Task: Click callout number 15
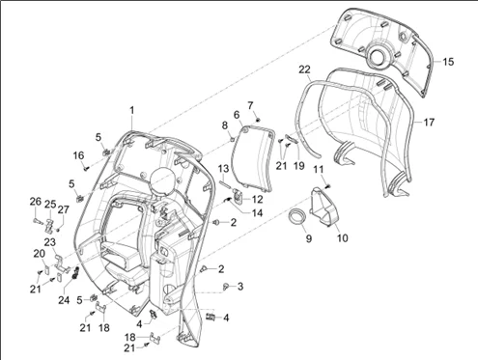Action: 448,62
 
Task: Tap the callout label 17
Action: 429,123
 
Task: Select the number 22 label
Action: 304,69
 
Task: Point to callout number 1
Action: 131,110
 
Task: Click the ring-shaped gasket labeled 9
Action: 296,219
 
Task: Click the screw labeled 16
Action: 86,168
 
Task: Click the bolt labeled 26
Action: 38,221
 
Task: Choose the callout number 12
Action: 257,200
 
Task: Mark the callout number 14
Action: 258,213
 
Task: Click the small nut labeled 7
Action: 258,120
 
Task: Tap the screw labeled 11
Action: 327,185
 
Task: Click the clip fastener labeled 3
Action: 226,286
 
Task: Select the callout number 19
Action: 299,165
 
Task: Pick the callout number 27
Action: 63,209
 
